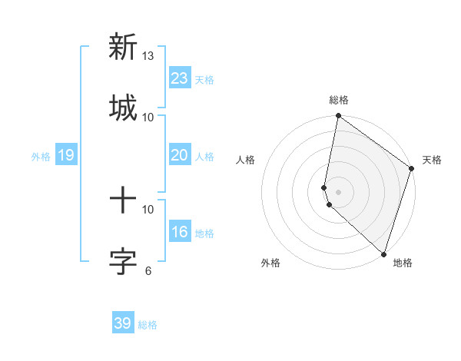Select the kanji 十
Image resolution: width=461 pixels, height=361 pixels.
tap(122, 200)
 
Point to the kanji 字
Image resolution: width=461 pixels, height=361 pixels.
tap(122, 261)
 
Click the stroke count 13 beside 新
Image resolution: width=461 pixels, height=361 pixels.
tap(148, 56)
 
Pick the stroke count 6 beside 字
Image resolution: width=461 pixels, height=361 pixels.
tap(148, 270)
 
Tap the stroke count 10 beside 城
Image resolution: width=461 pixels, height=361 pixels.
tap(148, 117)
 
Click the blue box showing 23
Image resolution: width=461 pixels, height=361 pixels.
tap(179, 78)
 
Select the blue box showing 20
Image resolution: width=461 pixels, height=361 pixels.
tap(179, 155)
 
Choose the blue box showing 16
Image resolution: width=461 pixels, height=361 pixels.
tap(179, 232)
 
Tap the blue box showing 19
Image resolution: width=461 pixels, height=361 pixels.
tap(65, 156)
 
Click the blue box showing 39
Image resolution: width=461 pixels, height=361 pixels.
tap(122, 323)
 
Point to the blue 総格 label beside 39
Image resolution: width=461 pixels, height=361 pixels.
tap(148, 325)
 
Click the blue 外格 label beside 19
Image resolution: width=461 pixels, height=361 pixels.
tap(41, 157)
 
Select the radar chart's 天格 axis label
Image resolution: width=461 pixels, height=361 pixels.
tap(432, 160)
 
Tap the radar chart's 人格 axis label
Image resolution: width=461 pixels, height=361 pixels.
tap(245, 160)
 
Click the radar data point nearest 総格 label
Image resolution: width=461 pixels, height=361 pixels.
tap(338, 117)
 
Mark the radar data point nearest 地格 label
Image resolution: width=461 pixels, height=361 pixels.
tap(383, 253)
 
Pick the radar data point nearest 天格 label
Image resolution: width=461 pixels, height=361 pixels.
tap(412, 169)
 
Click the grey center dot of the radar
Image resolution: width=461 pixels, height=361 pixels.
tap(338, 191)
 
